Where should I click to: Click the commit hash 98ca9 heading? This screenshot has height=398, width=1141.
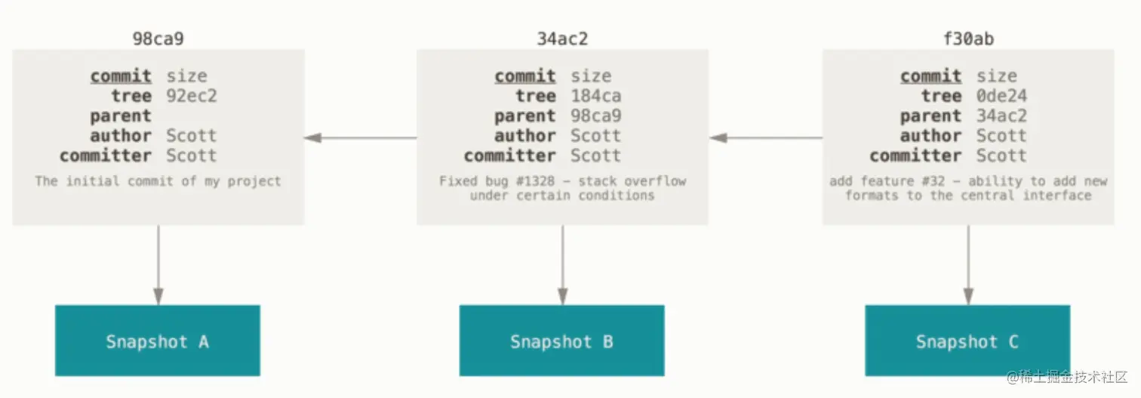click(x=158, y=39)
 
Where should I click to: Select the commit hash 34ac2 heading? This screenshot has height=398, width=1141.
click(x=562, y=39)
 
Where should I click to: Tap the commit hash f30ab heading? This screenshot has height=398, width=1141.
click(x=968, y=39)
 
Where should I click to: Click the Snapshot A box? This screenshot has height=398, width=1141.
click(x=158, y=341)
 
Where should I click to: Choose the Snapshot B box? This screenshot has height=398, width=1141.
click(x=562, y=341)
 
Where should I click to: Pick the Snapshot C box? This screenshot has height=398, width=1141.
click(x=967, y=341)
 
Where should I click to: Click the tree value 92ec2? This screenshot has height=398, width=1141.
click(x=192, y=96)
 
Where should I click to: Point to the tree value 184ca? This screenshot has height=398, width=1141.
click(x=595, y=96)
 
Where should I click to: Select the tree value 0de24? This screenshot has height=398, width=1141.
click(x=1001, y=96)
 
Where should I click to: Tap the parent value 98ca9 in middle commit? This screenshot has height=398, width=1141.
click(x=595, y=116)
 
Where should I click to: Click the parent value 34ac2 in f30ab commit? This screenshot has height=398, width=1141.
click(x=1001, y=116)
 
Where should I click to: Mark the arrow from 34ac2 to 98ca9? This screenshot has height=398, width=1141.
click(x=361, y=137)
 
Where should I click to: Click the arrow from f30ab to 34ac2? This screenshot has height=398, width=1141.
click(x=766, y=137)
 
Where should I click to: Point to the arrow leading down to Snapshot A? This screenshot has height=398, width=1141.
click(x=158, y=265)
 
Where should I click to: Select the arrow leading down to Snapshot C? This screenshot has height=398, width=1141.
click(x=968, y=265)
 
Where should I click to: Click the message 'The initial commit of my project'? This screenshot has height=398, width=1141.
click(x=158, y=181)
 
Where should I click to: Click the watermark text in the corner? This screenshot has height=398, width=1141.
click(x=1066, y=377)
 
